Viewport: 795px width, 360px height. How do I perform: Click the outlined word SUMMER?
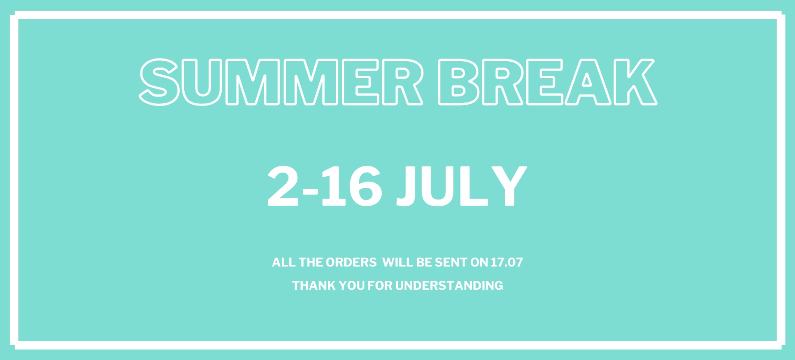click(281, 82)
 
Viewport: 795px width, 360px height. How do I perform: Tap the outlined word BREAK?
click(547, 82)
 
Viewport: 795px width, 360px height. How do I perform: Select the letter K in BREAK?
click(635, 82)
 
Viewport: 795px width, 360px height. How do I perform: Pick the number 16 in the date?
click(351, 186)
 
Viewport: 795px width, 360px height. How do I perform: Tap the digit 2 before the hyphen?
click(283, 186)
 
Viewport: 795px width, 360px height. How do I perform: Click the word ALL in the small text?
click(284, 263)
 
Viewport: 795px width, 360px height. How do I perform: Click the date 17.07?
click(507, 263)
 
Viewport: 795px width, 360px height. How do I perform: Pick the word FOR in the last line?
click(380, 286)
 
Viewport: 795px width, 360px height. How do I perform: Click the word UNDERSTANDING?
click(449, 286)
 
